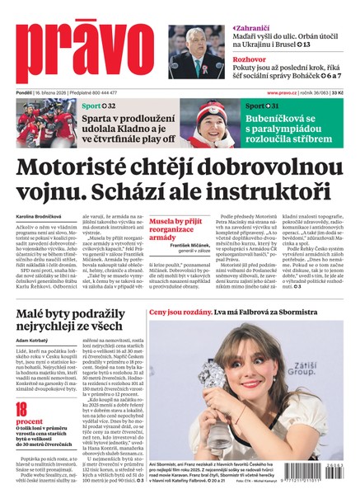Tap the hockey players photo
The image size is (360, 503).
46,123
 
